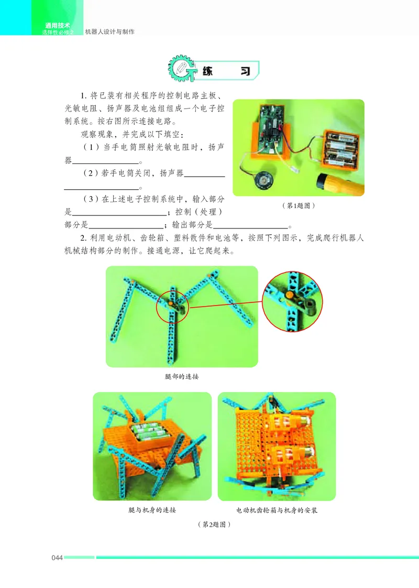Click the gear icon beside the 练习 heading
click(181, 69)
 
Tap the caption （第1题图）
click(298, 206)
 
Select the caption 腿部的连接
click(182, 376)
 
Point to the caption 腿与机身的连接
click(152, 510)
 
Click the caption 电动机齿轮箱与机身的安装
click(277, 510)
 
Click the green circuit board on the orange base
click(275, 126)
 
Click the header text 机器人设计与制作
click(109, 32)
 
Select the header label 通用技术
click(58, 26)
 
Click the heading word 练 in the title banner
click(206, 70)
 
